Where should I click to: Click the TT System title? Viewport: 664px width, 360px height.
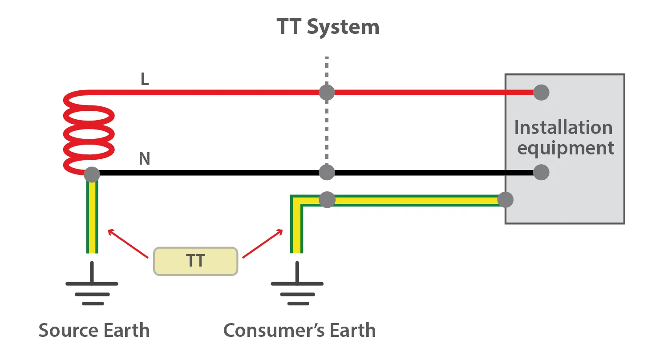pyautogui.click(x=328, y=27)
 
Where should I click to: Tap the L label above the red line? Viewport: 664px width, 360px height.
pyautogui.click(x=145, y=79)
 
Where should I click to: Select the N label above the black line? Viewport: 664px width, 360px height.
pyautogui.click(x=145, y=159)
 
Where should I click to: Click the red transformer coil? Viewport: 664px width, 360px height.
pyautogui.click(x=89, y=132)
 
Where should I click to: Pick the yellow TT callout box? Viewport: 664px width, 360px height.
pyautogui.click(x=195, y=261)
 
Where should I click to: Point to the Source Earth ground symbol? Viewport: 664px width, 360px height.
pyautogui.click(x=92, y=284)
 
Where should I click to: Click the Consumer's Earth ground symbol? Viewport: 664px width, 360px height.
pyautogui.click(x=297, y=284)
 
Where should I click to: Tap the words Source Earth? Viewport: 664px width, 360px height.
pyautogui.click(x=94, y=331)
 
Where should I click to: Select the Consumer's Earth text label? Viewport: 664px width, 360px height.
pyautogui.click(x=300, y=331)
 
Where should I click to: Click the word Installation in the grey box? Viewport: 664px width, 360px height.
pyautogui.click(x=563, y=128)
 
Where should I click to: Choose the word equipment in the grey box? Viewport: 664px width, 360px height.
pyautogui.click(x=566, y=148)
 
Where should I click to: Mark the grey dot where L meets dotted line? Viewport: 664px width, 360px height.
pyautogui.click(x=327, y=93)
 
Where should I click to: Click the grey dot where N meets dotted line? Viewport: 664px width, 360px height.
pyautogui.click(x=327, y=172)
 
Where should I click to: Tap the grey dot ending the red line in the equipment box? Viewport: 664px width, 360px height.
pyautogui.click(x=541, y=93)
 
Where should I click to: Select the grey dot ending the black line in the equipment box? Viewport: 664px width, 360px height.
pyautogui.click(x=541, y=172)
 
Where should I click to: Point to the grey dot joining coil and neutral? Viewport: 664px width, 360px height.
pyautogui.click(x=92, y=174)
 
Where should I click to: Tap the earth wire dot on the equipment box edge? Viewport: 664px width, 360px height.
pyautogui.click(x=505, y=200)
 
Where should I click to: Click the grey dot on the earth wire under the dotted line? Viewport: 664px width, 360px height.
pyautogui.click(x=327, y=200)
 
